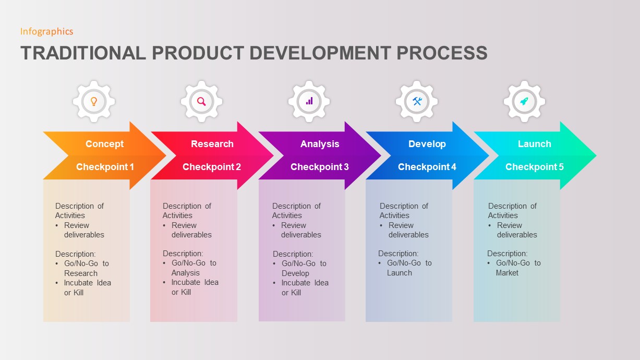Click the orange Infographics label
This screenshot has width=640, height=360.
46,31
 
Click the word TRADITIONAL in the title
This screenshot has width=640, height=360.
83,53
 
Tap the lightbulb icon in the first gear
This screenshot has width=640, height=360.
94,101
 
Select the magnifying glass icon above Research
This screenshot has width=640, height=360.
201,101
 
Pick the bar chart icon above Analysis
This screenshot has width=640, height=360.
309,101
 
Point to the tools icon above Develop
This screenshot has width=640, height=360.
417,101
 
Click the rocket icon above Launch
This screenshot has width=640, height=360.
524,101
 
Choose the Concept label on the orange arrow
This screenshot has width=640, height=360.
104,144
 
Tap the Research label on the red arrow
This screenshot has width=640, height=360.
212,144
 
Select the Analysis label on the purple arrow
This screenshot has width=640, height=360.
320,144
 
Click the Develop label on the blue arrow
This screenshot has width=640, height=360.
427,144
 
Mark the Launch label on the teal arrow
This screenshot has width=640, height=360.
534,144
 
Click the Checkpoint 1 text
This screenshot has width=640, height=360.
105,167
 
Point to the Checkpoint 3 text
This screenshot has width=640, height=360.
319,167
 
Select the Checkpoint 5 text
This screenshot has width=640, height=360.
534,167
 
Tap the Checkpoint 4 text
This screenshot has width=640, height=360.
427,167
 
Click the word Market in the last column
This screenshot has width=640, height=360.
507,273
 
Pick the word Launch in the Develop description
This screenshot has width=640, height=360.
400,273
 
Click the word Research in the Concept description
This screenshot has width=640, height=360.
81,273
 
